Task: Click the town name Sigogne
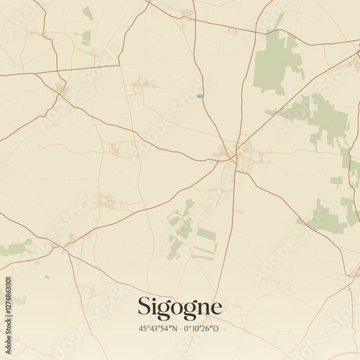pyautogui.click(x=179, y=307)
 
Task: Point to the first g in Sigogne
pyautogui.click(x=164, y=310)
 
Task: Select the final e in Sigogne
pyautogui.click(x=215, y=308)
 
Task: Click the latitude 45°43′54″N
pyautogui.click(x=158, y=328)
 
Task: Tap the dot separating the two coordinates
pyautogui.click(x=180, y=328)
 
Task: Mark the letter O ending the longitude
pyautogui.click(x=217, y=328)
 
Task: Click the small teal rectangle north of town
pyautogui.click(x=199, y=96)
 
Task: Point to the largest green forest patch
pyautogui.click(x=276, y=63)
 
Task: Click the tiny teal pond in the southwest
pyautogui.click(x=48, y=276)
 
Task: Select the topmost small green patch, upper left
pyautogui.click(x=88, y=13)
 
